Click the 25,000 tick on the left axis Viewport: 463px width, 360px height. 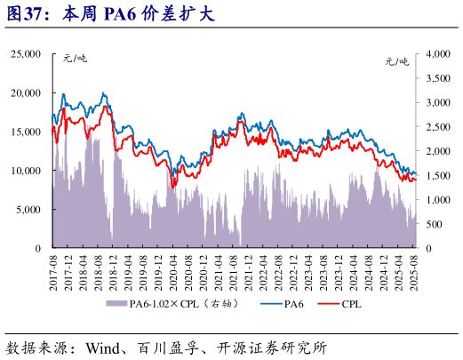pyautogui.click(x=25, y=54)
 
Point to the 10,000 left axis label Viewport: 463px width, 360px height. pyautogui.click(x=25, y=171)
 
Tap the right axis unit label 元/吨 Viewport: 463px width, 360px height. pyautogui.click(x=397, y=60)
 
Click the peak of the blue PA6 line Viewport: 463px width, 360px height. pyautogui.click(x=104, y=92)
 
